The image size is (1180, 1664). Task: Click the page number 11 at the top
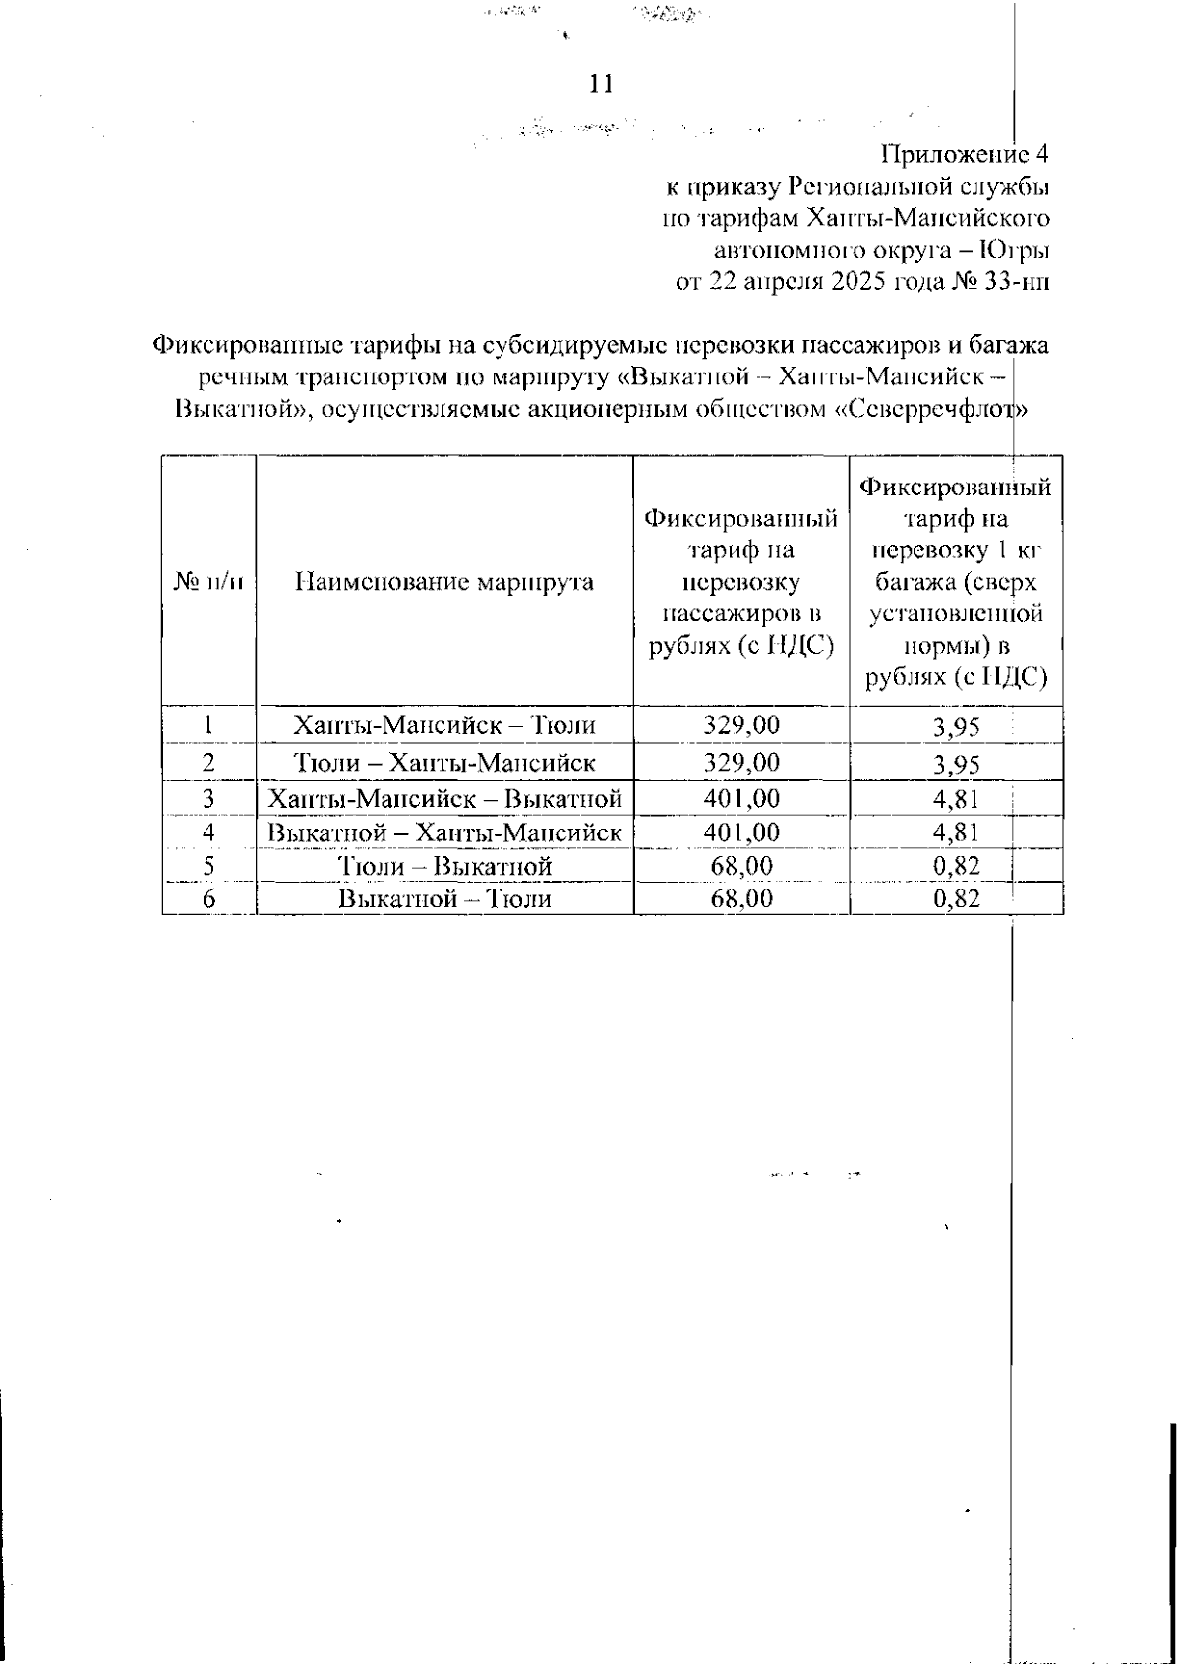point(600,85)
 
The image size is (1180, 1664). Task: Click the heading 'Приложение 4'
point(965,154)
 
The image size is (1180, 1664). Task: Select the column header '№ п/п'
point(208,581)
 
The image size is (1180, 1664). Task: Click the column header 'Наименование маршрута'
point(444,581)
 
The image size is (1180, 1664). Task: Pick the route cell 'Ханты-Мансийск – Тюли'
point(444,725)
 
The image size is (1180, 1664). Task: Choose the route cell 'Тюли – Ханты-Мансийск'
point(444,762)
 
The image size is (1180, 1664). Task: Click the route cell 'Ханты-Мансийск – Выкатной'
point(444,797)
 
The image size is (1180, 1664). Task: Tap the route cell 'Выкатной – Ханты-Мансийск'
point(444,832)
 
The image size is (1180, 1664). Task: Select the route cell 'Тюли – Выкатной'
point(444,866)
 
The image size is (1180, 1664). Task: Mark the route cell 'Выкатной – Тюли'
point(444,898)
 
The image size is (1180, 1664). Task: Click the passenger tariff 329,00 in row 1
point(741,725)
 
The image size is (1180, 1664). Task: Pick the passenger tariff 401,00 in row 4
point(741,832)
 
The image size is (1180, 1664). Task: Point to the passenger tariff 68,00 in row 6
point(741,898)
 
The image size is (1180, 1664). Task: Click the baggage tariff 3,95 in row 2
point(956,764)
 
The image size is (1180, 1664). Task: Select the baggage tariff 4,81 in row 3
point(956,798)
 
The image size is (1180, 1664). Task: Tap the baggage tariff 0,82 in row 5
point(956,866)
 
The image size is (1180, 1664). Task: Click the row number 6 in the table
point(208,898)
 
